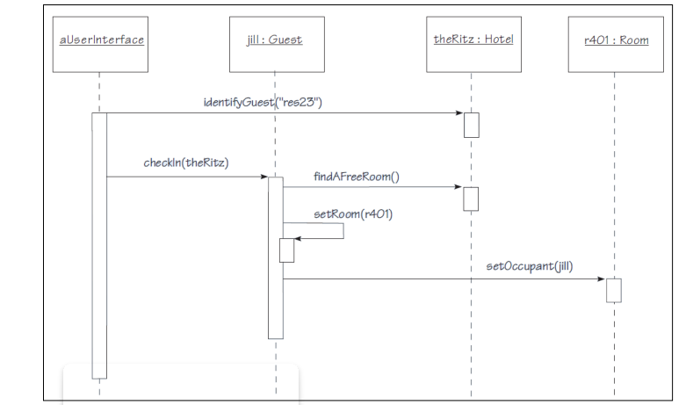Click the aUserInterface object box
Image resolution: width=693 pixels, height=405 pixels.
pos(99,40)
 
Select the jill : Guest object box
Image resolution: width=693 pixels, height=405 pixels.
pos(275,40)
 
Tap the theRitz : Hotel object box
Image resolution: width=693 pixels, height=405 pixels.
pos(472,40)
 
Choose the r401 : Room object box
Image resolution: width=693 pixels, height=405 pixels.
pos(614,40)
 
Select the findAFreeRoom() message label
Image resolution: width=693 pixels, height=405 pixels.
pos(357,176)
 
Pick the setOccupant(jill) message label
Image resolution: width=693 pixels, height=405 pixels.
pos(529,266)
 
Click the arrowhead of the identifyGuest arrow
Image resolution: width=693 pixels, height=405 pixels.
pos(458,113)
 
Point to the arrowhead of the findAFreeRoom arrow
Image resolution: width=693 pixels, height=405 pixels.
pos(458,187)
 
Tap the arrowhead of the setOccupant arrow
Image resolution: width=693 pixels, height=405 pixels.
pos(602,279)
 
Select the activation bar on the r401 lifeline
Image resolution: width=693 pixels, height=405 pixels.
pos(614,290)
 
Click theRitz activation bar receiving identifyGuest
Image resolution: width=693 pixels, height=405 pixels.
pos(472,125)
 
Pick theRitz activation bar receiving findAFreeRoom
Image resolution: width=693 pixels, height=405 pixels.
pos(472,199)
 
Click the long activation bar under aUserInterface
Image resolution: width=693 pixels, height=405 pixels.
pos(99,246)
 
